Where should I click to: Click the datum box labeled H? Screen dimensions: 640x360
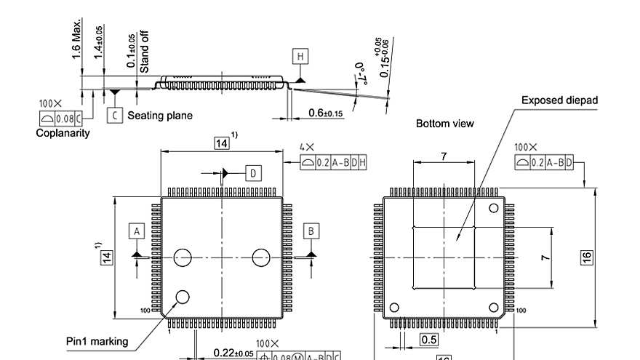pos(300,56)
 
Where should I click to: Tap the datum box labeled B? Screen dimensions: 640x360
pos(311,231)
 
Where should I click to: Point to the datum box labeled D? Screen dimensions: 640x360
pos(252,172)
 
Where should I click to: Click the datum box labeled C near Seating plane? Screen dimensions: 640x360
pos(114,115)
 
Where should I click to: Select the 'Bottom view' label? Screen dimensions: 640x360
pos(444,124)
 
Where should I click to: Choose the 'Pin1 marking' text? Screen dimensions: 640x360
pos(95,341)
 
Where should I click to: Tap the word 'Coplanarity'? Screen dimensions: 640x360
pos(63,132)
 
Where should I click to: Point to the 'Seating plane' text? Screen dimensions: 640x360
pos(160,115)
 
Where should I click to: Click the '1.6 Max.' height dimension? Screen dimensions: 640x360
pos(77,44)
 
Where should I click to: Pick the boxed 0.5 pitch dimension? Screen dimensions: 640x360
pos(429,340)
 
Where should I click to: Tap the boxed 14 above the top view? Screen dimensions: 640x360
pos(221,143)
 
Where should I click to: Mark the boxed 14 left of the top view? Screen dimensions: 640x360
pos(106,257)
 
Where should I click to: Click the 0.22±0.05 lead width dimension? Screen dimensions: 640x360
pos(233,353)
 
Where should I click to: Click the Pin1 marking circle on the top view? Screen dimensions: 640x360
pos(183,296)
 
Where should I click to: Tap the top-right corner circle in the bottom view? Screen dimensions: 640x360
pos(494,208)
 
